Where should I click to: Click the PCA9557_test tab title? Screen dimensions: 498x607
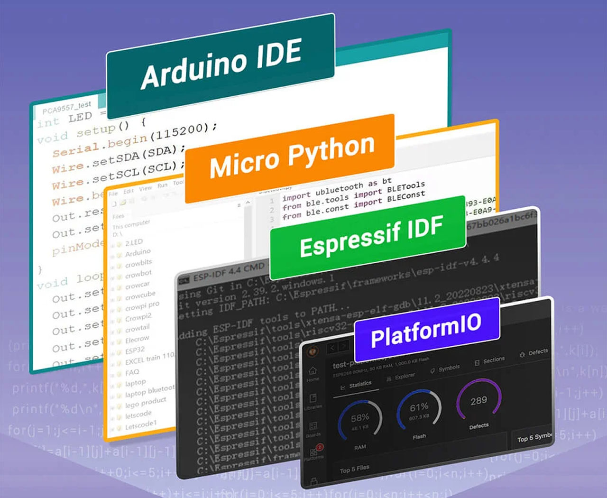coord(66,108)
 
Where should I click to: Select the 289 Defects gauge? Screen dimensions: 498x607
coord(478,402)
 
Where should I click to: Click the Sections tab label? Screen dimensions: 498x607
coord(493,360)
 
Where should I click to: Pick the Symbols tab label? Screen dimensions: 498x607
coord(449,368)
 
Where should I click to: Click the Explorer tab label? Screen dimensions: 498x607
coord(405,376)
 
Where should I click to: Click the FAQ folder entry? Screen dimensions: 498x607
coord(132,373)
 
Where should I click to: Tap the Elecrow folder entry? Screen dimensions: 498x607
coord(137,340)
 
